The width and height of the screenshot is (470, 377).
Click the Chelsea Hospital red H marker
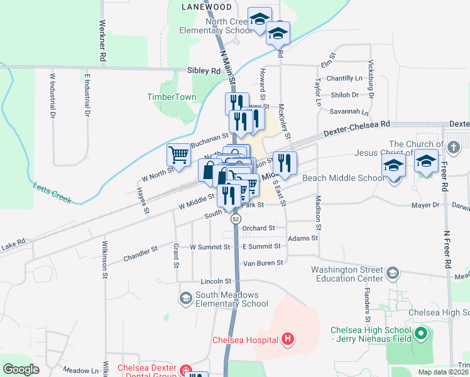(288, 340)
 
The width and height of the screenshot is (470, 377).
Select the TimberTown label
(172, 97)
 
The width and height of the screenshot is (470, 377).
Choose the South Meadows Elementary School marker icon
(185, 297)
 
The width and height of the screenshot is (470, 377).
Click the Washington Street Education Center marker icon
(392, 272)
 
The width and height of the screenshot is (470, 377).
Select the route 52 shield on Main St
(235, 219)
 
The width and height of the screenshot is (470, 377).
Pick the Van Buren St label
(263, 263)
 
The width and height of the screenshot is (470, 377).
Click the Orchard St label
(259, 228)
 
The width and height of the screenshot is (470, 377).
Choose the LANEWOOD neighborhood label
(206, 7)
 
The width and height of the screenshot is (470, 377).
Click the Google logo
(21, 369)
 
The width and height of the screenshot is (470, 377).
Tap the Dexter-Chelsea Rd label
(357, 129)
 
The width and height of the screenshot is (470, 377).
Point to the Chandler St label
(141, 253)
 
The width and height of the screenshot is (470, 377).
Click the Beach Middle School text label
(342, 178)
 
